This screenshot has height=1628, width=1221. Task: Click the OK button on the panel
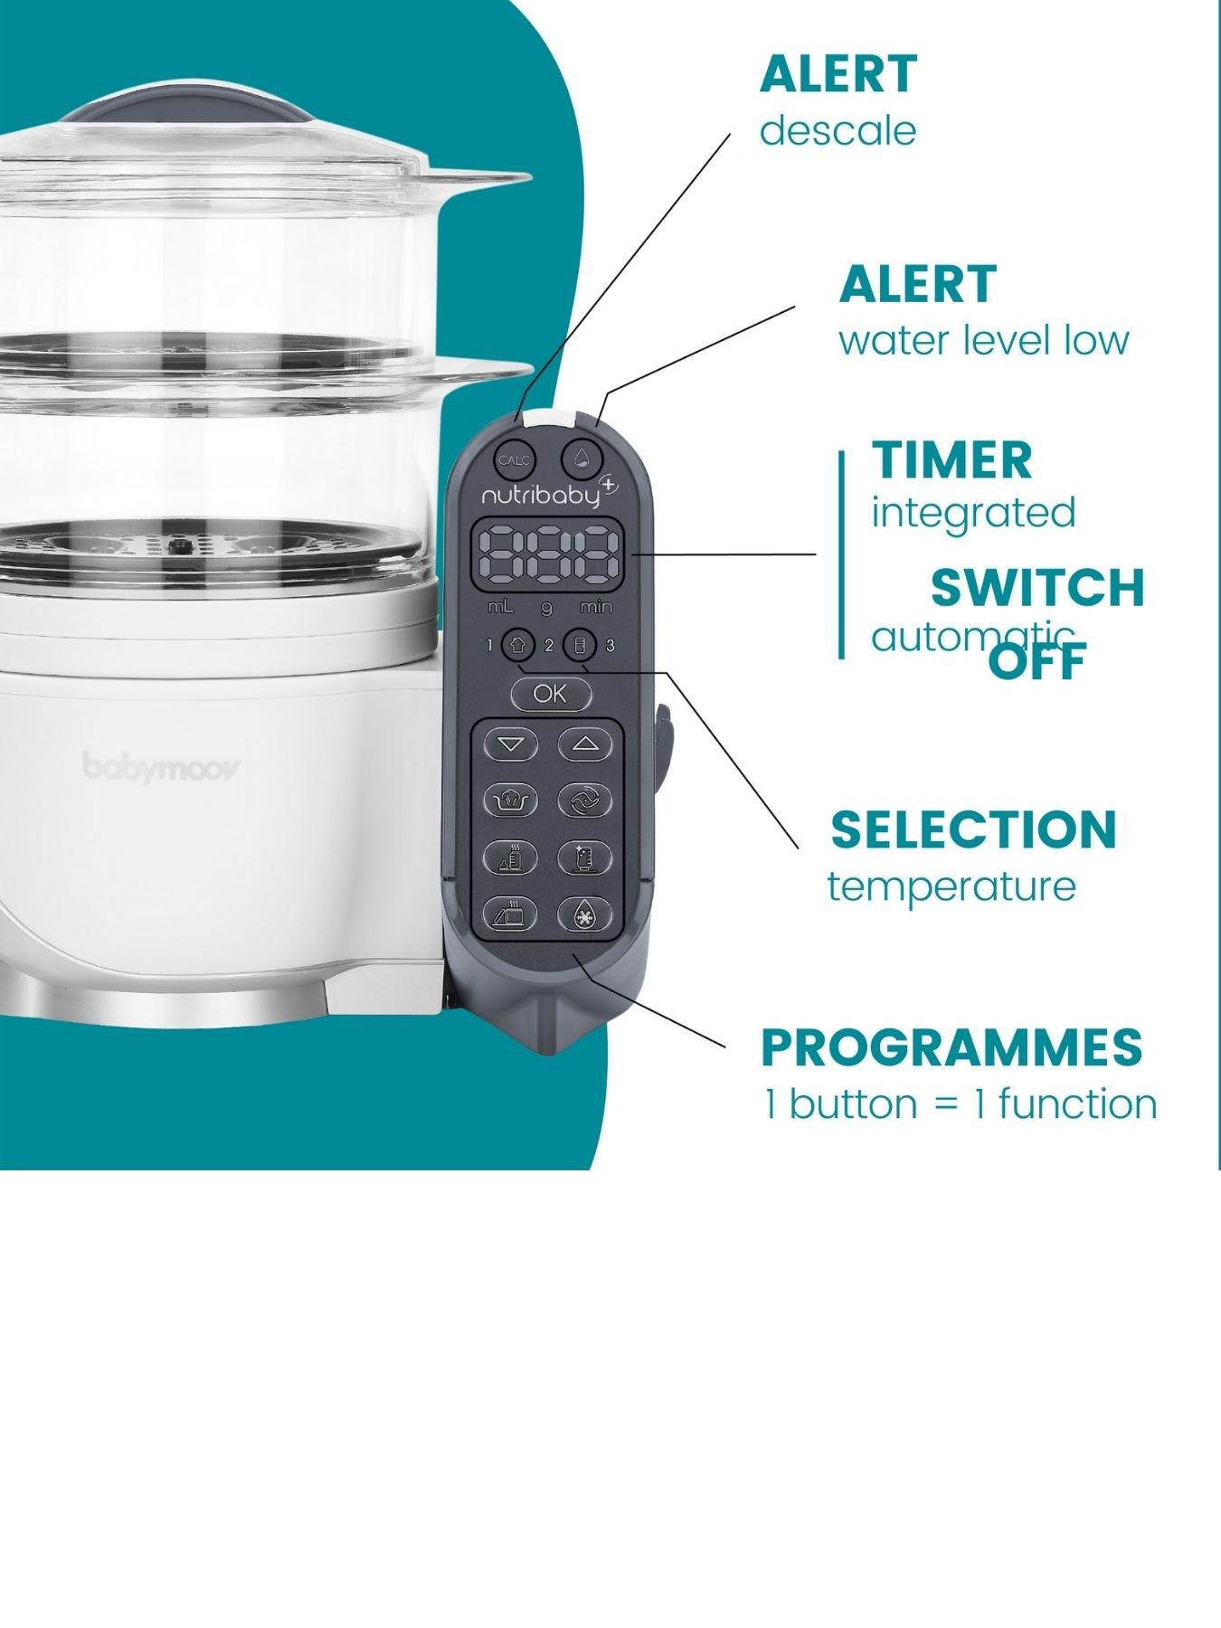pos(551,694)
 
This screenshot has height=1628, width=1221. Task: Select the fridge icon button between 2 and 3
pos(580,645)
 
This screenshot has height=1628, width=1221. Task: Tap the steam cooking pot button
pos(512,800)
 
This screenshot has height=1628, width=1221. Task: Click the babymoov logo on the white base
pos(163,767)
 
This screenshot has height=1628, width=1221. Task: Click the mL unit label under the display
pos(500,607)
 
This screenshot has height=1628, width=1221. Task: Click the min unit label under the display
pos(596,607)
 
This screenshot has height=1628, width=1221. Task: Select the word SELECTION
pos(973,828)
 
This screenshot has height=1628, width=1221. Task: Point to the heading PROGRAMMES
pos(951,1047)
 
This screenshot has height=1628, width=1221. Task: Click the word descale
pos(838,131)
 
